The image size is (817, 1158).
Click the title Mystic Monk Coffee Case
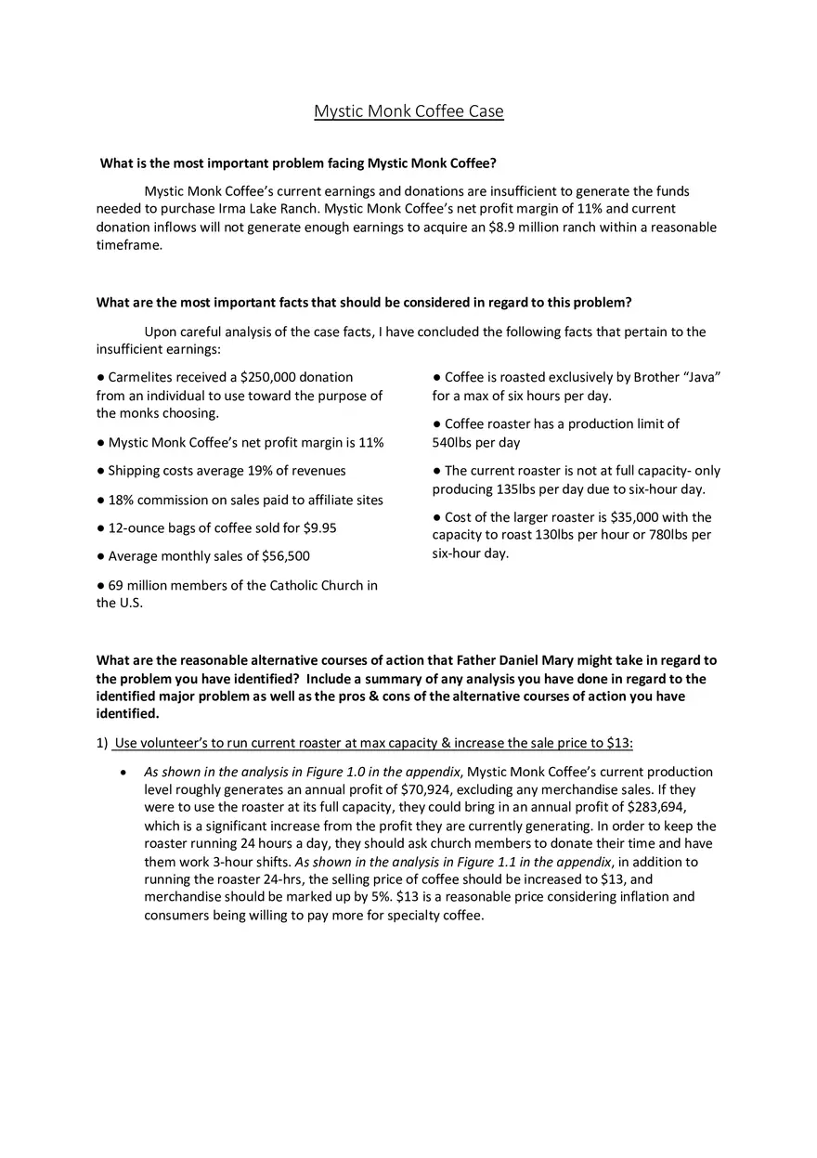pos(408,111)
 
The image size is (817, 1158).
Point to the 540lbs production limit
pos(452,443)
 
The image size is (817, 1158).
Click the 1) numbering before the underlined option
pos(102,743)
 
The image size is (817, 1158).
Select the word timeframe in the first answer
pos(129,245)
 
